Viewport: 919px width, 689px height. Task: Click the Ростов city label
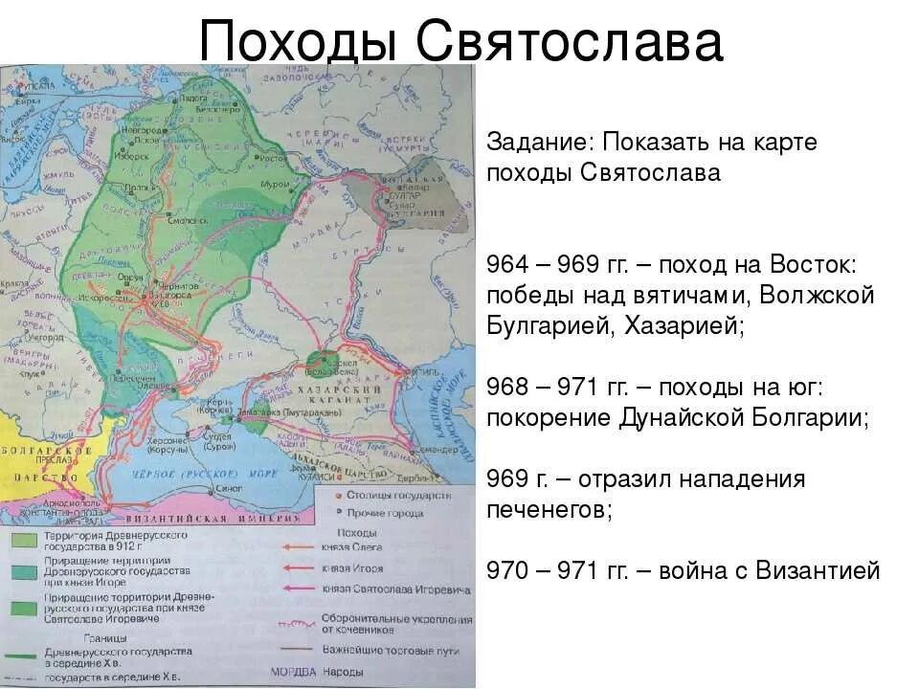272,156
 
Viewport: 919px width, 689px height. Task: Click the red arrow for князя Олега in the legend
299,548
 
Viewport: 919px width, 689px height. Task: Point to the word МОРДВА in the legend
288,671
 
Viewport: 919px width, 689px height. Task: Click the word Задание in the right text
539,142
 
